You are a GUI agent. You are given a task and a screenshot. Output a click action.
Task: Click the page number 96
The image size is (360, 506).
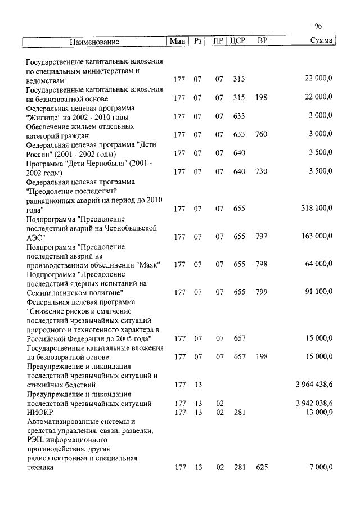coord(318,26)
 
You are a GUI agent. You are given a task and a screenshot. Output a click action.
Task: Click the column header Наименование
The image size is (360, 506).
coord(95,42)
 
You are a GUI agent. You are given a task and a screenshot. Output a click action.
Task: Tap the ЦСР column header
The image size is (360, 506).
coord(238,41)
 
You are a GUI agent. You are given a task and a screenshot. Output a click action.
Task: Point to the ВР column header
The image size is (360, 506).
coord(262,41)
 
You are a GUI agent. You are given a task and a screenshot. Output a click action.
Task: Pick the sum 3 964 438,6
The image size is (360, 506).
coord(313,385)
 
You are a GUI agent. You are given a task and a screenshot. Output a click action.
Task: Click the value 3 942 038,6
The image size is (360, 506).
coord(313,404)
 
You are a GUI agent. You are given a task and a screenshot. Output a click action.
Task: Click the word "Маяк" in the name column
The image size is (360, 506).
coord(148,264)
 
